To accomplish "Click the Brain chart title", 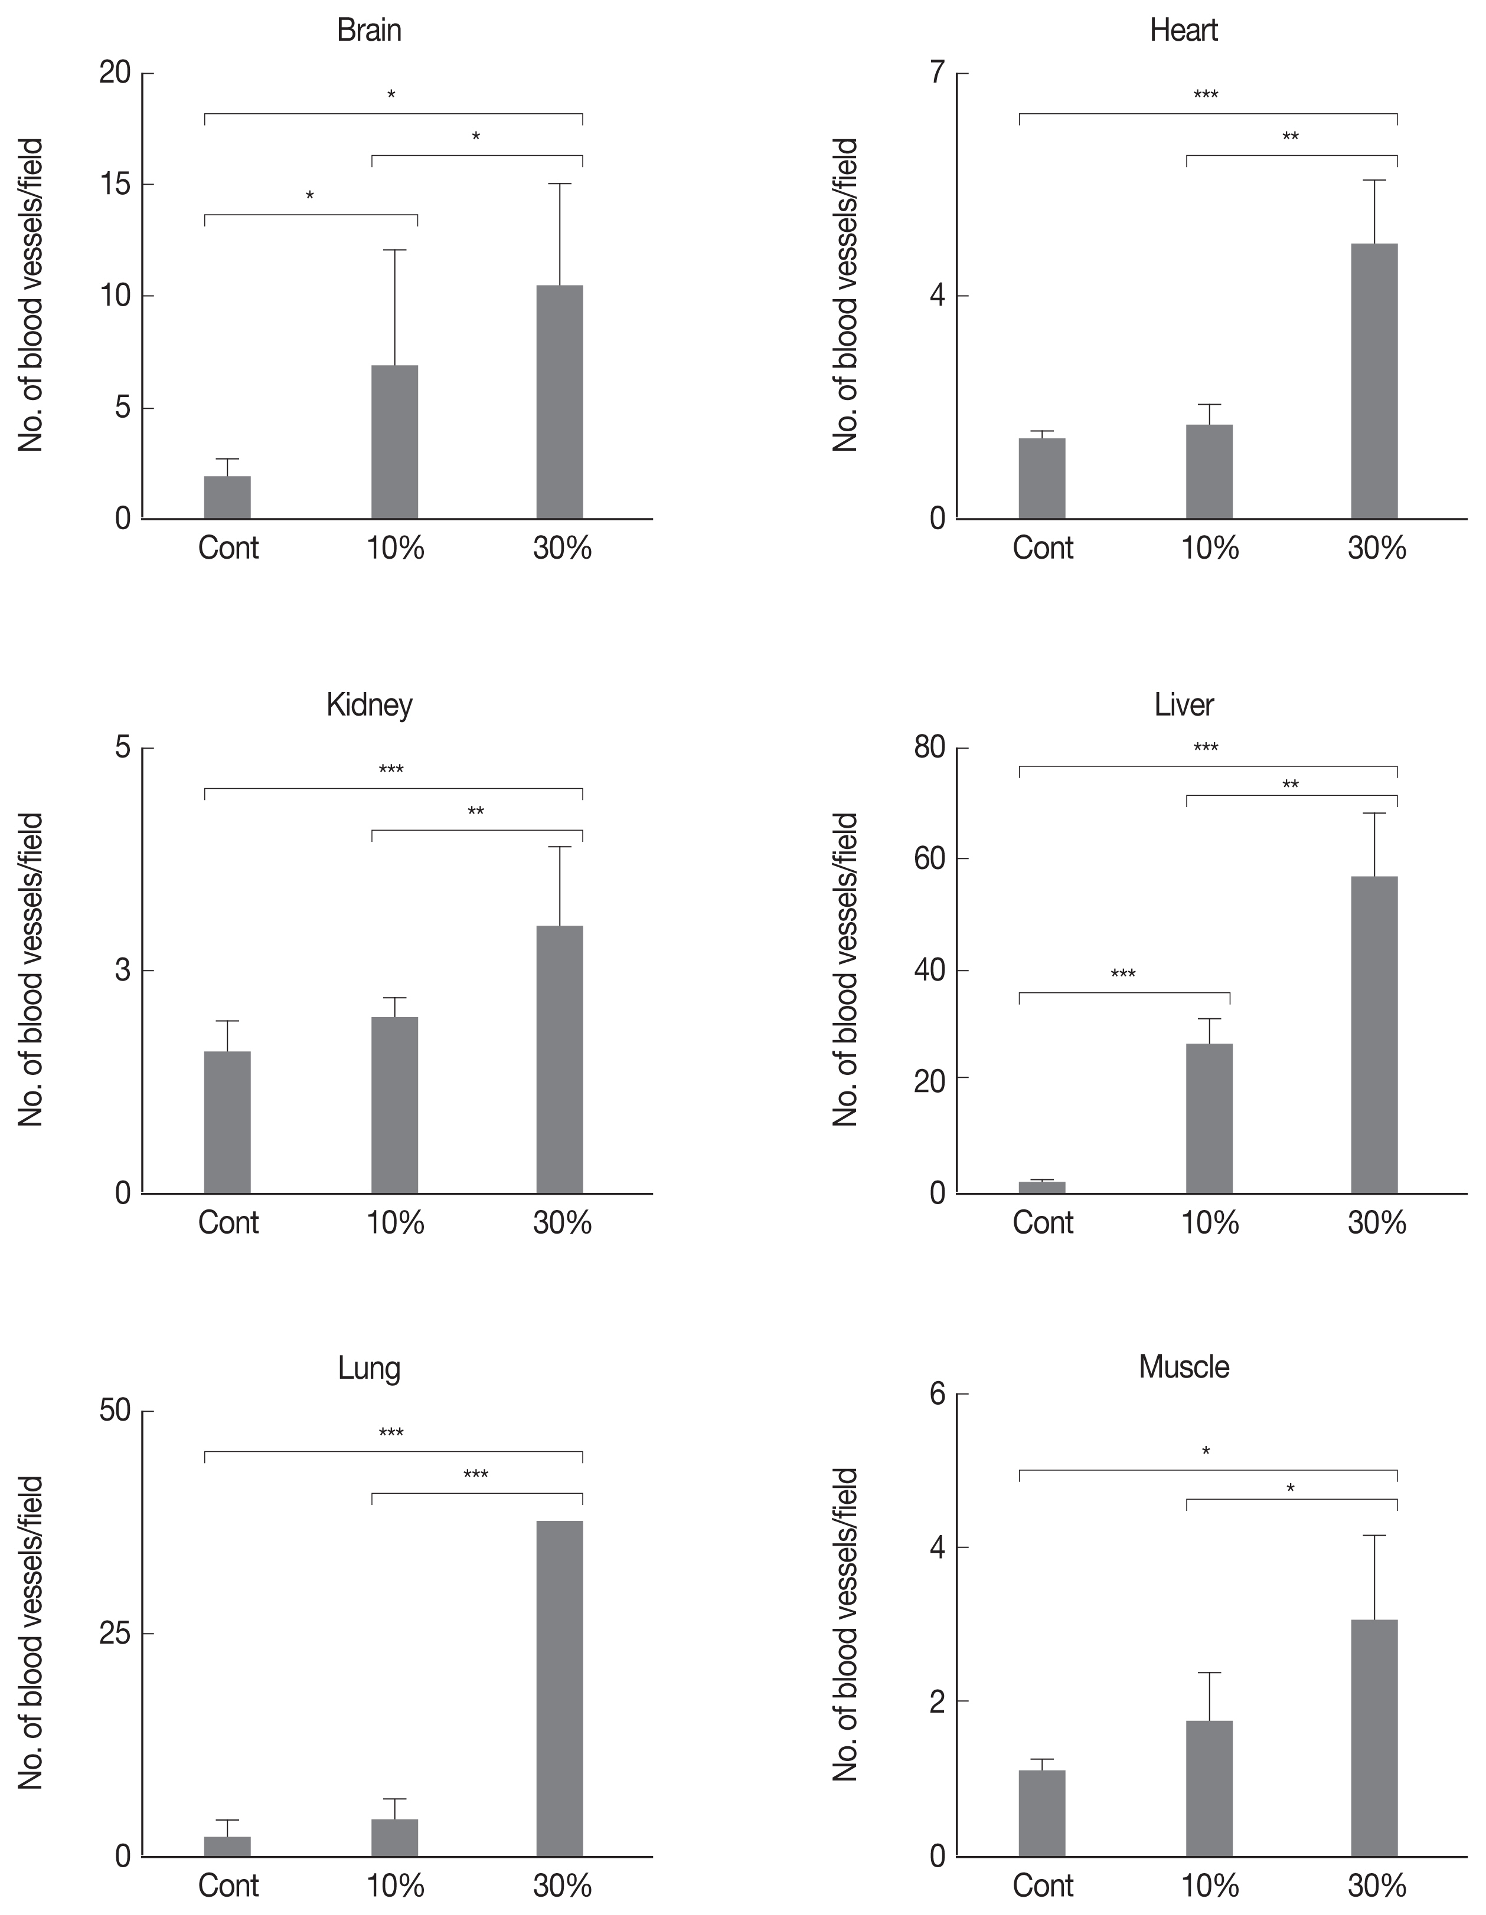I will tap(370, 31).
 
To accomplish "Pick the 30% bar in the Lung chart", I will tap(560, 1688).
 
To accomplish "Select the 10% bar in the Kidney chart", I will tap(395, 1105).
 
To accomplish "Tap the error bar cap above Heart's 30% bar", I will tap(1374, 181).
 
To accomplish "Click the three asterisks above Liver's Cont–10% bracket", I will tap(1123, 974).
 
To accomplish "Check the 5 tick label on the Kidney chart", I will tap(122, 748).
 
